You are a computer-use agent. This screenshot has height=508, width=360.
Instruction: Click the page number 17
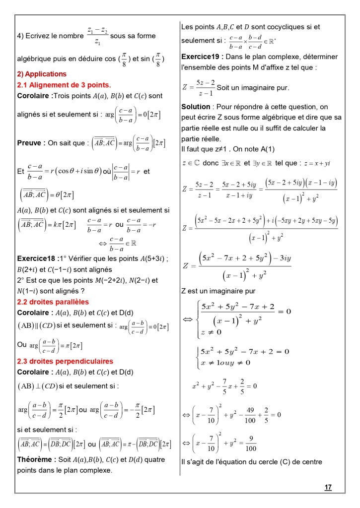[328, 488]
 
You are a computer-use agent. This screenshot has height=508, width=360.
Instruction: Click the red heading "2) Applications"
[42, 74]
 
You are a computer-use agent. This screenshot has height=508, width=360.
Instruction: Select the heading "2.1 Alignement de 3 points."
[64, 85]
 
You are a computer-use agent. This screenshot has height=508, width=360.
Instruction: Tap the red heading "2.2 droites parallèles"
[53, 302]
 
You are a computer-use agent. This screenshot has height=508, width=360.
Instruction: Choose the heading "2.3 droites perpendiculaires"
[65, 361]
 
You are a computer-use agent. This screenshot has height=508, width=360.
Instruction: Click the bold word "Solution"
[196, 107]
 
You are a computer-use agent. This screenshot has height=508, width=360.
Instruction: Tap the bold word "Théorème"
[35, 459]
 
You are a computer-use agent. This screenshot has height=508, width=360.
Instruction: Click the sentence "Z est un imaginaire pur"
[218, 291]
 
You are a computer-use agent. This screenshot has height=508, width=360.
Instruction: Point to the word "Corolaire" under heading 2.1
[34, 95]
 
